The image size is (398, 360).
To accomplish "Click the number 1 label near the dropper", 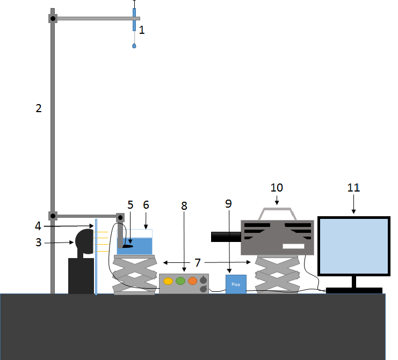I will (x=142, y=30).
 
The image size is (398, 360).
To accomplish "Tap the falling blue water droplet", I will (x=134, y=46).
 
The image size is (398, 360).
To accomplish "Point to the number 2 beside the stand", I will (x=38, y=108).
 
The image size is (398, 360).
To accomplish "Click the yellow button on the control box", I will (x=168, y=281).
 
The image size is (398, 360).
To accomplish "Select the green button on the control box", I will (x=180, y=281).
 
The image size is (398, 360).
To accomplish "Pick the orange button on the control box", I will (x=192, y=281).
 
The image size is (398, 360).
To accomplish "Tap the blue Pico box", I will (x=236, y=283).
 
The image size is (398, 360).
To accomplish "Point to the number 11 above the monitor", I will (x=353, y=188).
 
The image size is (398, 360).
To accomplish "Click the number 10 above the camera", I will (x=277, y=188).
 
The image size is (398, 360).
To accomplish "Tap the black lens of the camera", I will (x=226, y=236).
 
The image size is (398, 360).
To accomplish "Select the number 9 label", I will (x=228, y=204).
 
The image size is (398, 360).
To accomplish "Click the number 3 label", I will (x=38, y=243).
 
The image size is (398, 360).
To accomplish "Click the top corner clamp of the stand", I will (x=53, y=18).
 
